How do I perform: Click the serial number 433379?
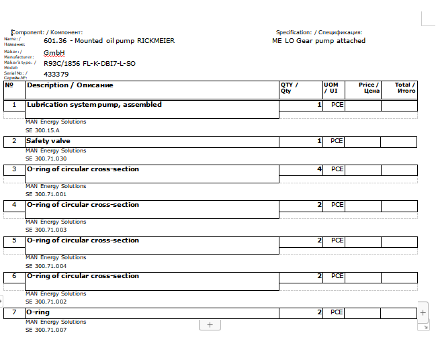coord(56,74)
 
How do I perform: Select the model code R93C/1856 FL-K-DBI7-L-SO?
coord(89,63)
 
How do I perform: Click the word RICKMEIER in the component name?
coord(156,41)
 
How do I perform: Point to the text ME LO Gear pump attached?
coord(318,41)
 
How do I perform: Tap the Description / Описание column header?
coord(70,85)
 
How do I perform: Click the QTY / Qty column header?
coord(290,88)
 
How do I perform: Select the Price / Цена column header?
coord(369,88)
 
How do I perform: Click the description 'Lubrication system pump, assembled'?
coord(94,105)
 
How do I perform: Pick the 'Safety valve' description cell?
coord(48,141)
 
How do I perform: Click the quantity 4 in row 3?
coord(319,169)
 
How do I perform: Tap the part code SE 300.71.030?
coord(46,159)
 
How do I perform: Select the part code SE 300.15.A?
coord(43,130)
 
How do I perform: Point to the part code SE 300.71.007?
coord(46,330)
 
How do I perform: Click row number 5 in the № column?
coord(14,240)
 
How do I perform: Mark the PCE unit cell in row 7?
coord(337,312)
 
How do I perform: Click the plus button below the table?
coord(210,325)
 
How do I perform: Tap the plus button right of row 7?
coord(423,313)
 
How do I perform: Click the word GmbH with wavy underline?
coord(54,52)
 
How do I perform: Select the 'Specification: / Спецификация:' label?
coord(319,32)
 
